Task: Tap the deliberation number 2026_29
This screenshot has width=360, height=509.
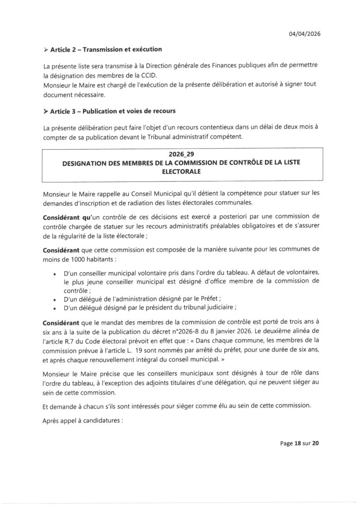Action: [182, 155]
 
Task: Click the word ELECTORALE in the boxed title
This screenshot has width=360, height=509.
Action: [182, 172]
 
